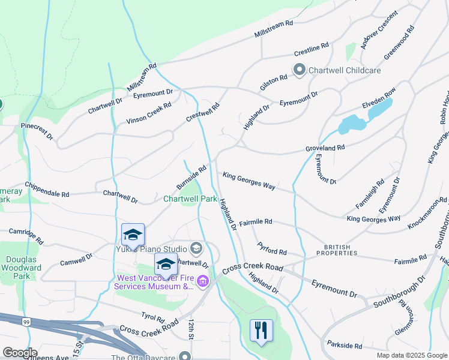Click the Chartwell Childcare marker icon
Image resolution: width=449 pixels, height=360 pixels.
tap(299, 70)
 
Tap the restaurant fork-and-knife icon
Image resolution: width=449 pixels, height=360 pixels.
tap(261, 331)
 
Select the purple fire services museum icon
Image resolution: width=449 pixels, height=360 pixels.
tap(203, 281)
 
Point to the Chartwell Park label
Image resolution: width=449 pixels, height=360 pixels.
tap(190, 199)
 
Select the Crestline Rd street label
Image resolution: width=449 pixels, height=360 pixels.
tap(312, 46)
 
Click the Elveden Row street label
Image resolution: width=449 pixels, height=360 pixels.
tap(379, 98)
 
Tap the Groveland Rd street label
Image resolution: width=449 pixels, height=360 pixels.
tap(325, 148)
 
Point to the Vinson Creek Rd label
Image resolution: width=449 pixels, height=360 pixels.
tap(149, 113)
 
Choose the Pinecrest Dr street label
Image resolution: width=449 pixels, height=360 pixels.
tap(37, 131)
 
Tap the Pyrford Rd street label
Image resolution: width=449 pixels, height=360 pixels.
tap(272, 248)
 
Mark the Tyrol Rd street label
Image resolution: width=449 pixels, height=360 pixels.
tap(152, 316)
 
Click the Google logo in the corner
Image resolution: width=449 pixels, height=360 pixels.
tap(20, 352)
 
